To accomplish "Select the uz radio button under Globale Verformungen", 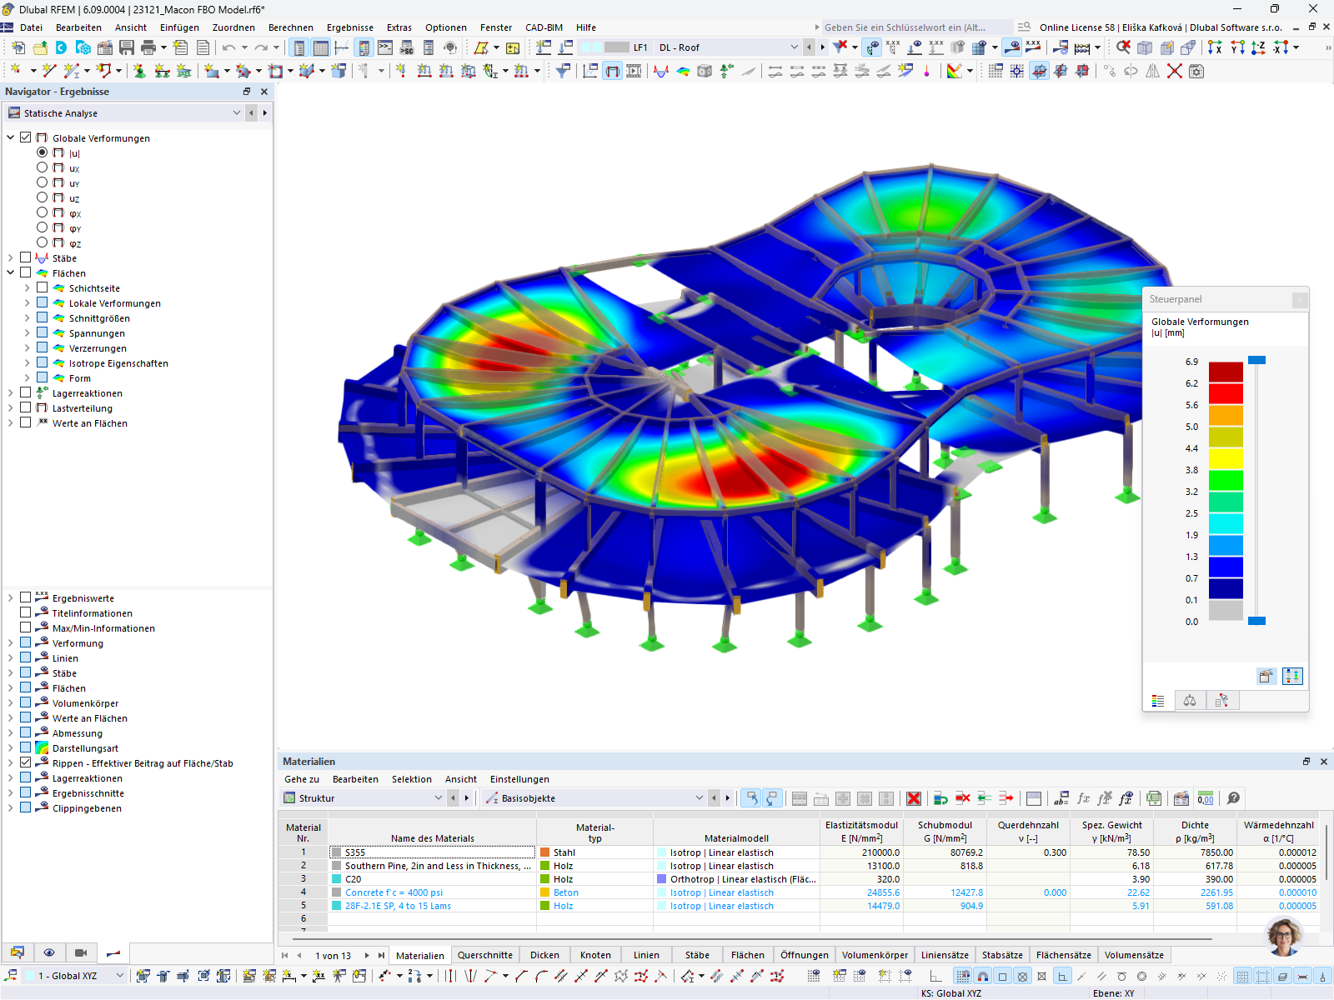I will [x=43, y=197].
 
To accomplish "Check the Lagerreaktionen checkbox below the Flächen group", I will [x=26, y=392].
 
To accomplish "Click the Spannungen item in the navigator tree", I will [x=97, y=333].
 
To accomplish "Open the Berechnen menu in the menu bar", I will [x=290, y=27].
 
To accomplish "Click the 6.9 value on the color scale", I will [x=1191, y=362].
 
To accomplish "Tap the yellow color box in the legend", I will [x=1226, y=457].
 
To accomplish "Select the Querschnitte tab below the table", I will [x=484, y=955].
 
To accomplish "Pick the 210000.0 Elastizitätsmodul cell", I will [x=861, y=852].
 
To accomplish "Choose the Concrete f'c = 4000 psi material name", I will [x=394, y=892].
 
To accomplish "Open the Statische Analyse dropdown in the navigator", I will [x=125, y=112].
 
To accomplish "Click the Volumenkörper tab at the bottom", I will [x=874, y=955].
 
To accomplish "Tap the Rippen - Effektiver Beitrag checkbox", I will [x=26, y=762].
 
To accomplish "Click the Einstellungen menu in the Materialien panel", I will [x=519, y=779].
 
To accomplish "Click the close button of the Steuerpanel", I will [x=1298, y=299].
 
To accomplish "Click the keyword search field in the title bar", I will [x=913, y=27].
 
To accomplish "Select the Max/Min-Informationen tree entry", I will [x=103, y=628].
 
